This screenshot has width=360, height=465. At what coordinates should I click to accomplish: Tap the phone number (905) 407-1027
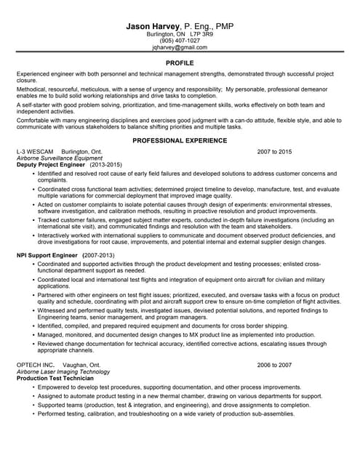pyautogui.click(x=180, y=41)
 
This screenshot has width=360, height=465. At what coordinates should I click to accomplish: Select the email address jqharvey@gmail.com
pyautogui.click(x=180, y=47)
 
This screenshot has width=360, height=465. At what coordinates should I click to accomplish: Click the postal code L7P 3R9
pyautogui.click(x=201, y=34)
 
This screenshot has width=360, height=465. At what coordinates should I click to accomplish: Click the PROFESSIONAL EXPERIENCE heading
pyautogui.click(x=180, y=139)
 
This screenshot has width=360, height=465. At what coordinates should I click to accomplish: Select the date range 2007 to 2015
pyautogui.click(x=274, y=151)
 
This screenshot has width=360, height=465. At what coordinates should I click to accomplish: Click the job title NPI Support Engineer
pyautogui.click(x=47, y=256)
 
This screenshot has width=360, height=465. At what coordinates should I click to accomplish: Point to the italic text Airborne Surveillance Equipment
pyautogui.click(x=60, y=158)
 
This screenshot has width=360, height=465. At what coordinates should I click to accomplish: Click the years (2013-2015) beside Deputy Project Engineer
pyautogui.click(x=106, y=165)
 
